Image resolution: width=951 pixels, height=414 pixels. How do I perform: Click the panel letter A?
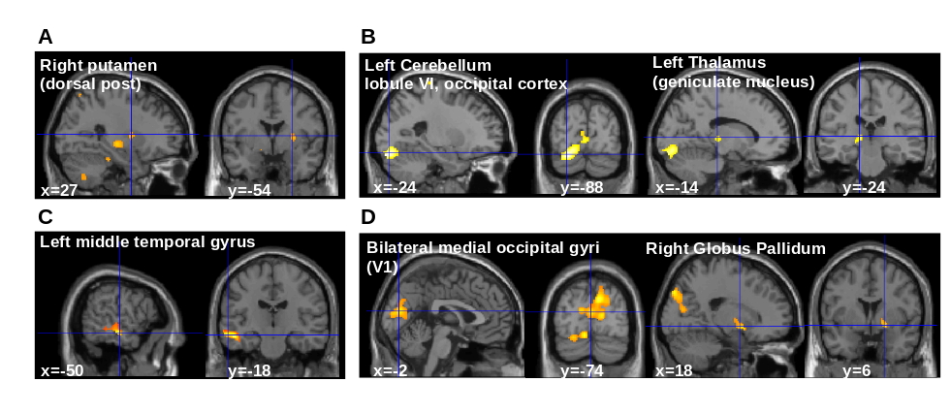(x=45, y=37)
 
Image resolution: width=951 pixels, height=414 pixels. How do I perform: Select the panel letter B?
(x=367, y=37)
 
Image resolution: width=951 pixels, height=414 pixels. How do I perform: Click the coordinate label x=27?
(x=59, y=189)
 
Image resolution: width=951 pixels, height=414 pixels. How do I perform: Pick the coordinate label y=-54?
(x=249, y=189)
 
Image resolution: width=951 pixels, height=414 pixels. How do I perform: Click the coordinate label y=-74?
(x=582, y=369)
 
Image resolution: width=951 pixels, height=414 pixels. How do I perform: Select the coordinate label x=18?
(x=674, y=369)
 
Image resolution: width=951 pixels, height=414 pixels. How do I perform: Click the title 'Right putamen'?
(x=98, y=66)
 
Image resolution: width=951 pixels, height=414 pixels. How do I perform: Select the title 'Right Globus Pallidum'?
(x=736, y=248)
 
